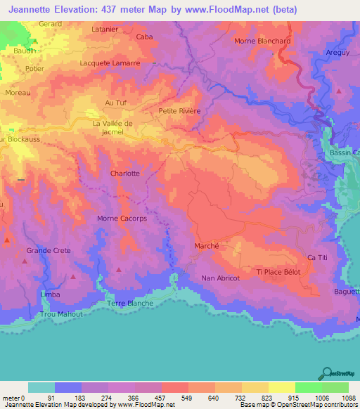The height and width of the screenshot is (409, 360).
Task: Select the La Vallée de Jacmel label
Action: point(112,127)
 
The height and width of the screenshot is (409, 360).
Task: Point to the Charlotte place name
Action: point(124,173)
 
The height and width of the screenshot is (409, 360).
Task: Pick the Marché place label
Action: point(207,246)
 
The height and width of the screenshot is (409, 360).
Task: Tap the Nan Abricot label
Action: point(221,278)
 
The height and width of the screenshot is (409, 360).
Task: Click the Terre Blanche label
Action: point(131,302)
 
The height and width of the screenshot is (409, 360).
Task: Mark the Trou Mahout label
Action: point(61,314)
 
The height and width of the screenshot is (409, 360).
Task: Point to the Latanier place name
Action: point(105,30)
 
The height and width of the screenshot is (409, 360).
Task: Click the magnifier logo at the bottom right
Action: point(327,372)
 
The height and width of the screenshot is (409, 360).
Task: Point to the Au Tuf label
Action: point(115,103)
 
